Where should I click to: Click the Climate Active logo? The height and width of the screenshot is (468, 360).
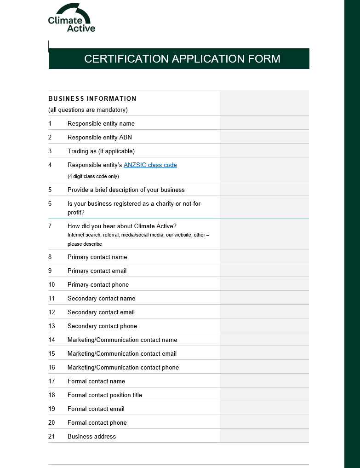tap(71, 18)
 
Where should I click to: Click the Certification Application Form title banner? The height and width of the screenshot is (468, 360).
tap(179, 59)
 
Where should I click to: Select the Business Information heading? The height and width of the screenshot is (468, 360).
tap(92, 98)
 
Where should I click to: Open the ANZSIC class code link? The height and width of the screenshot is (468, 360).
tap(150, 165)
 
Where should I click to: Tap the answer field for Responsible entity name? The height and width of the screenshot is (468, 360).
tap(264, 123)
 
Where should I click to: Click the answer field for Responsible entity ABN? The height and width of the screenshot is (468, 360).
tap(264, 137)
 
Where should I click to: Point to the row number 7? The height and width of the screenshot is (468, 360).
tap(50, 226)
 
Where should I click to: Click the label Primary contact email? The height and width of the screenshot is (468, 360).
tap(97, 271)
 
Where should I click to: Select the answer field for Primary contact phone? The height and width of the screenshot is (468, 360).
tap(264, 284)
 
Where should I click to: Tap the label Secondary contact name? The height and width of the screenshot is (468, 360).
tap(101, 298)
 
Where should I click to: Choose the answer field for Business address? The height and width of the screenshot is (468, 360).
tap(264, 436)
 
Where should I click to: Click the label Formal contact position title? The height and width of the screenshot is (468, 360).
tap(105, 395)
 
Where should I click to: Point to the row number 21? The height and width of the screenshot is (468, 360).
tap(51, 436)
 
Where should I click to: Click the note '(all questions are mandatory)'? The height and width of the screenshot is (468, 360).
tap(88, 110)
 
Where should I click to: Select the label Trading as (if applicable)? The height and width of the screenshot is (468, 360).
tap(101, 151)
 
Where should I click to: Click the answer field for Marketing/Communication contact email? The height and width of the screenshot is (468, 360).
tap(264, 353)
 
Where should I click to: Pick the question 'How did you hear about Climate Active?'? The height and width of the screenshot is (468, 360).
tap(122, 226)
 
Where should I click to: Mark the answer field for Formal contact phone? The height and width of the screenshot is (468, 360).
tap(264, 422)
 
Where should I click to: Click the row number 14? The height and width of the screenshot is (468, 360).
tap(51, 340)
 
